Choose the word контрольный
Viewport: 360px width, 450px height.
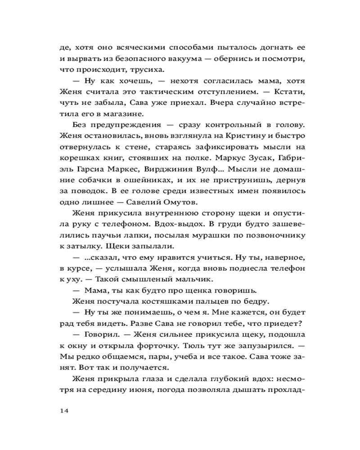click(x=228, y=124)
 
